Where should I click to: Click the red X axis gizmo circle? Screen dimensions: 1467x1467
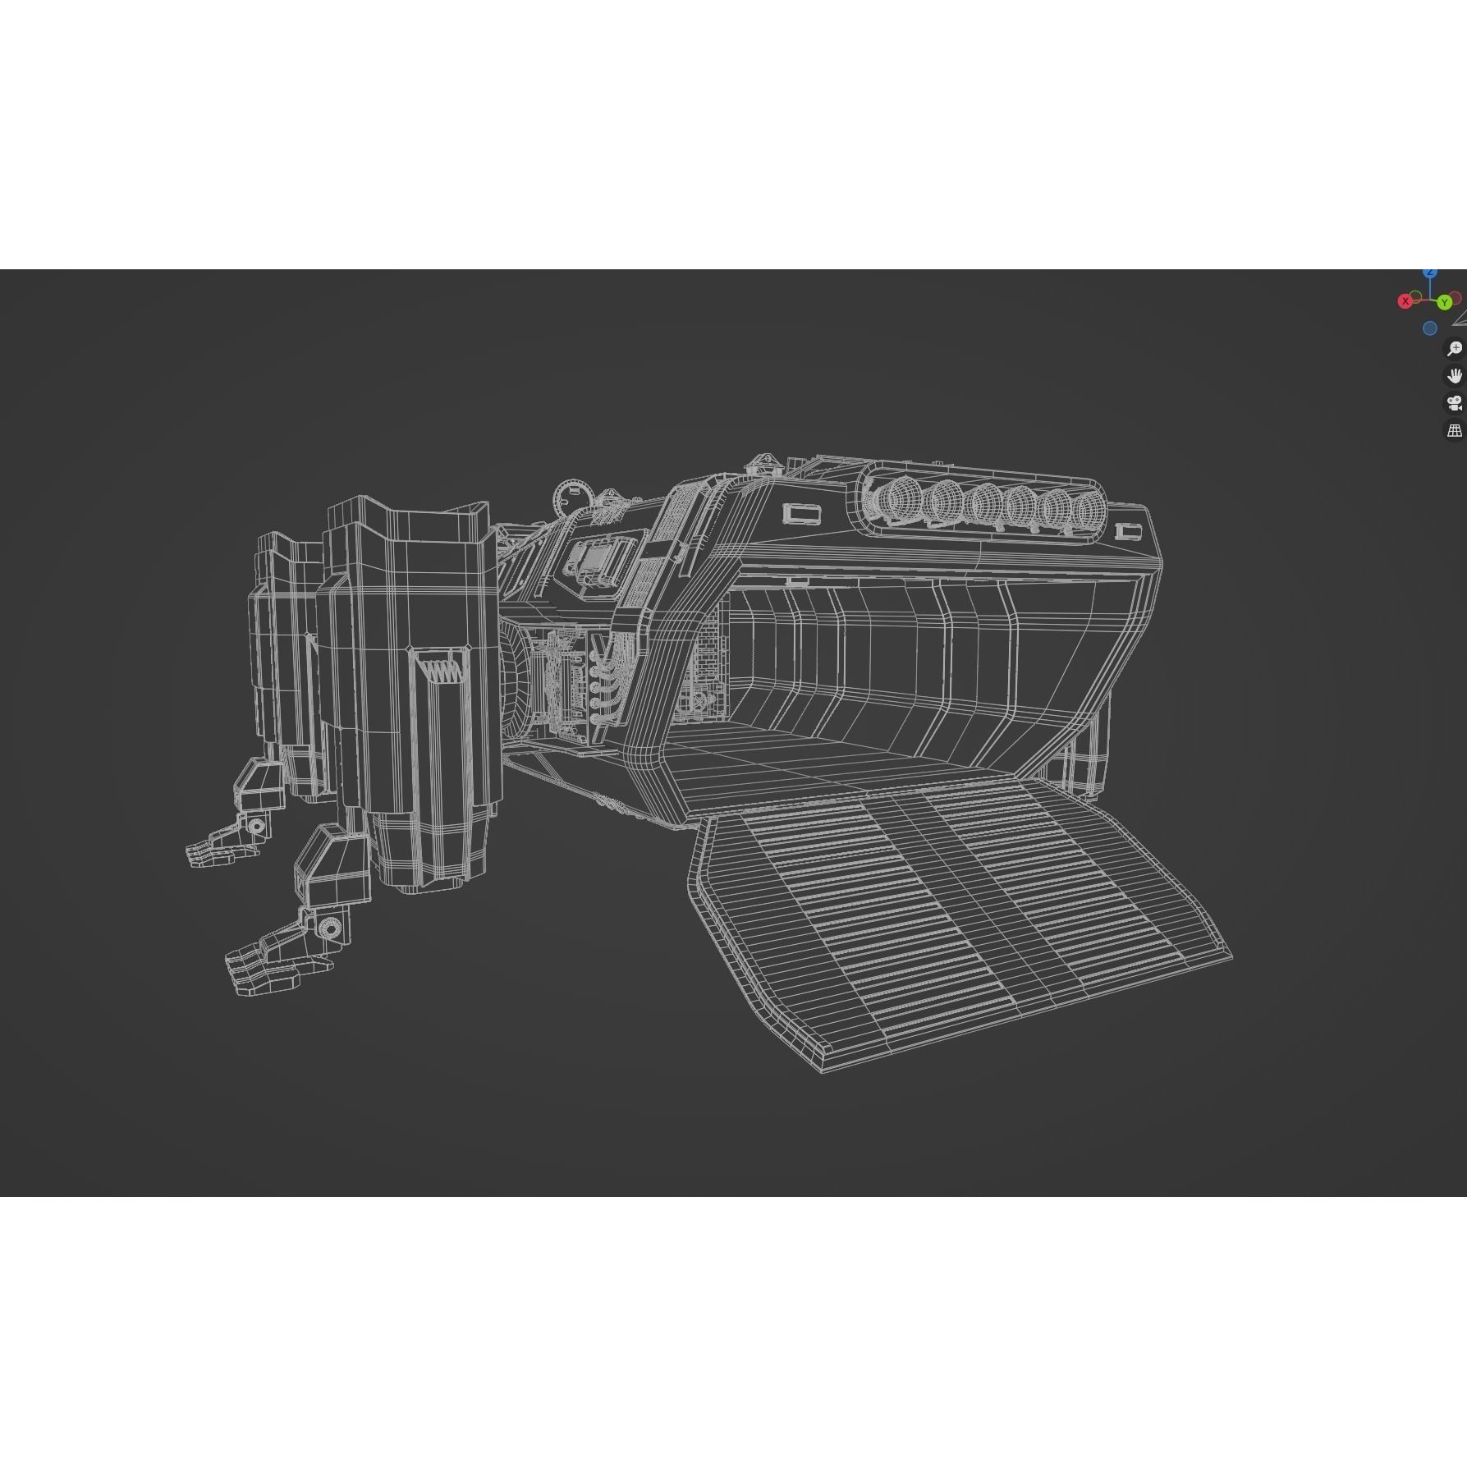[x=1405, y=301]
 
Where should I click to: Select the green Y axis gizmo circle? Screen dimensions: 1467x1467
[x=1444, y=303]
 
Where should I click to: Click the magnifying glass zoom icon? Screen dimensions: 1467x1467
[x=1454, y=349]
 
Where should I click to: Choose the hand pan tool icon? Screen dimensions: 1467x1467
[x=1454, y=376]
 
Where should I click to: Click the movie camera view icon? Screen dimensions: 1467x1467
[x=1454, y=403]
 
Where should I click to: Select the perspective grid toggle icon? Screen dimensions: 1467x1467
[x=1454, y=430]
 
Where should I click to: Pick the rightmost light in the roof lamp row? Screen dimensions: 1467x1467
[x=1084, y=512]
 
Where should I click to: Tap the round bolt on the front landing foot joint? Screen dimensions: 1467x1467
[x=329, y=928]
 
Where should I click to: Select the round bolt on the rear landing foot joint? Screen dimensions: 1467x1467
[x=257, y=826]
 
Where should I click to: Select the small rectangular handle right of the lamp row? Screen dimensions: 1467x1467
[x=1129, y=532]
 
